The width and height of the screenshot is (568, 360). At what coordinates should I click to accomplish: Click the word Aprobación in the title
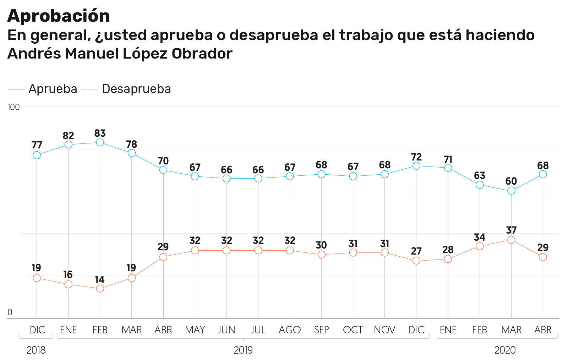click(59, 16)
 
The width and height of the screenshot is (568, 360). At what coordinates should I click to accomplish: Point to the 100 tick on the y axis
click(13, 107)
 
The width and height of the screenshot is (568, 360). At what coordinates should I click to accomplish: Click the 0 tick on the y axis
click(10, 312)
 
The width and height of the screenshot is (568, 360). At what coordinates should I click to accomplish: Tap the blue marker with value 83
click(100, 142)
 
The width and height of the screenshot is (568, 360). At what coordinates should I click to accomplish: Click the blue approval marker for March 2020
click(511, 191)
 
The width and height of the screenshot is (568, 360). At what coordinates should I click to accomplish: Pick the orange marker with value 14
click(100, 289)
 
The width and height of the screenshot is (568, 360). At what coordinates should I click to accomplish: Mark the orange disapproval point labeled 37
click(511, 240)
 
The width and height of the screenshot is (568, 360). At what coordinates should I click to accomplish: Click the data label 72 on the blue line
click(416, 157)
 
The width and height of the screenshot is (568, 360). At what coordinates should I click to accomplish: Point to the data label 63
click(480, 176)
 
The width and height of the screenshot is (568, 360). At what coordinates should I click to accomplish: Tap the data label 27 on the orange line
click(416, 251)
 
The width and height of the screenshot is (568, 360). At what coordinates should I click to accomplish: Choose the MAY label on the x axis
click(195, 330)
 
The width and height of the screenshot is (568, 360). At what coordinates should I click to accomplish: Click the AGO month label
click(290, 330)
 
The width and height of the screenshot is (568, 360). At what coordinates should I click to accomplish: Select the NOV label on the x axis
click(384, 330)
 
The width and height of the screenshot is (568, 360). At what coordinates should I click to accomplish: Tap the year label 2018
click(36, 350)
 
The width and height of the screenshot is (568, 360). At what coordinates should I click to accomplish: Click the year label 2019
click(243, 350)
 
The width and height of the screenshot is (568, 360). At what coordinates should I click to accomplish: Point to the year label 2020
click(505, 350)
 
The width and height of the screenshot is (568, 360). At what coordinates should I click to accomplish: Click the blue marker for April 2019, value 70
click(163, 170)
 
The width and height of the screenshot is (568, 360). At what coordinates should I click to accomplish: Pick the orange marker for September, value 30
click(321, 255)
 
